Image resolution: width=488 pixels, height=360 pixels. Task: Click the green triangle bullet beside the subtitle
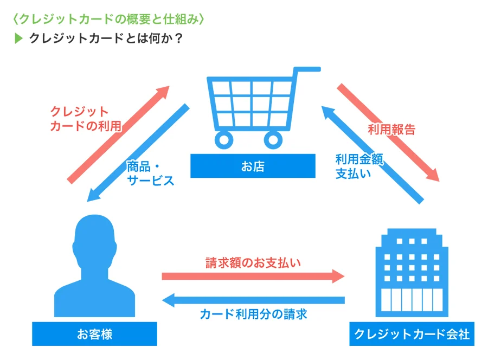18,38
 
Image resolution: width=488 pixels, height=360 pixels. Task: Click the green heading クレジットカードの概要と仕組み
108,19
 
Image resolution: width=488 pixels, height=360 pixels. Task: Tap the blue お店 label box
253,166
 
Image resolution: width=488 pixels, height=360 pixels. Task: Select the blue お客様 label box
94,334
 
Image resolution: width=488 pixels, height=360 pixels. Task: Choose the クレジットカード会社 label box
412,334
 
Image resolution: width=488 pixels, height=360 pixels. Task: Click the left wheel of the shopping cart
224,140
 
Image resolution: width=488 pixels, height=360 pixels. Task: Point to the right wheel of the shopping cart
273,140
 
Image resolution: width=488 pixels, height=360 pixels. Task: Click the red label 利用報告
391,130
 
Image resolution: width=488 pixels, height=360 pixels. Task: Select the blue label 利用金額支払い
359,166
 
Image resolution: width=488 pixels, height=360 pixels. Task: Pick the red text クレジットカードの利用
86,119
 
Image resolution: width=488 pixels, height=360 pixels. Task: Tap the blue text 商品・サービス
150,173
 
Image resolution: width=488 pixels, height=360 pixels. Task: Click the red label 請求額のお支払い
253,263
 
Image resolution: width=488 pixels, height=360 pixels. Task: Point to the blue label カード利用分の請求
253,314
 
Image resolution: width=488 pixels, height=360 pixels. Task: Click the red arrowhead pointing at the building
338,277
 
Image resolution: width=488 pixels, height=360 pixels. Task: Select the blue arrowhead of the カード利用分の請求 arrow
169,300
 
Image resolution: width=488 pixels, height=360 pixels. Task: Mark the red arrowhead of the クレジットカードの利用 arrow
163,92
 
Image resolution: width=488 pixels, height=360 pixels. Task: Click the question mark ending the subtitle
178,38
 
